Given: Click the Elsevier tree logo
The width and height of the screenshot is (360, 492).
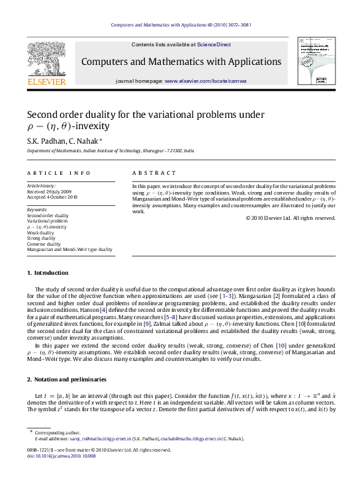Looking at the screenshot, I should (46, 59).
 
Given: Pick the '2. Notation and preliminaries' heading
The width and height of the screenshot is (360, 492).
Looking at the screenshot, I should (66, 379).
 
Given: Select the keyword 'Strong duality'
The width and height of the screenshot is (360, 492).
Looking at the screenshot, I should (42, 238).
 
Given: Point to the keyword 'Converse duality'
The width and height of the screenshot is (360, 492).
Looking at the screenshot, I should (44, 244).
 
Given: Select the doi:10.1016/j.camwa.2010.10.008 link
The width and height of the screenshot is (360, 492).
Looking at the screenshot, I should (62, 474).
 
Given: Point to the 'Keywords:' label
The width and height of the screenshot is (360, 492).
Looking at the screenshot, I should (37, 210).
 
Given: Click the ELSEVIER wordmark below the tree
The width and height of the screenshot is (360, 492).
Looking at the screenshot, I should (46, 82).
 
